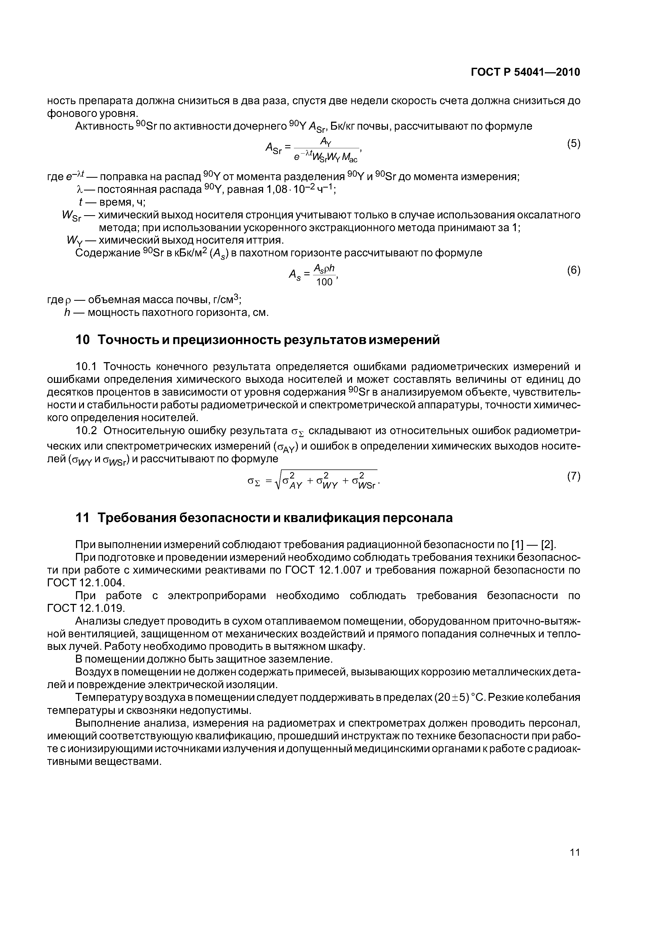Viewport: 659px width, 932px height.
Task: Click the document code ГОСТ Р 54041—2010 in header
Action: click(x=525, y=72)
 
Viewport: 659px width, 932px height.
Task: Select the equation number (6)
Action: click(x=573, y=270)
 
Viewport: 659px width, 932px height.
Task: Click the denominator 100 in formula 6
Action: click(x=324, y=282)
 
